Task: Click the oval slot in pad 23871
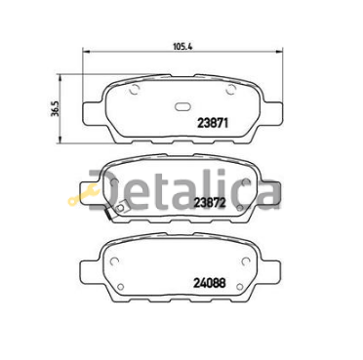[x=181, y=107]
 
